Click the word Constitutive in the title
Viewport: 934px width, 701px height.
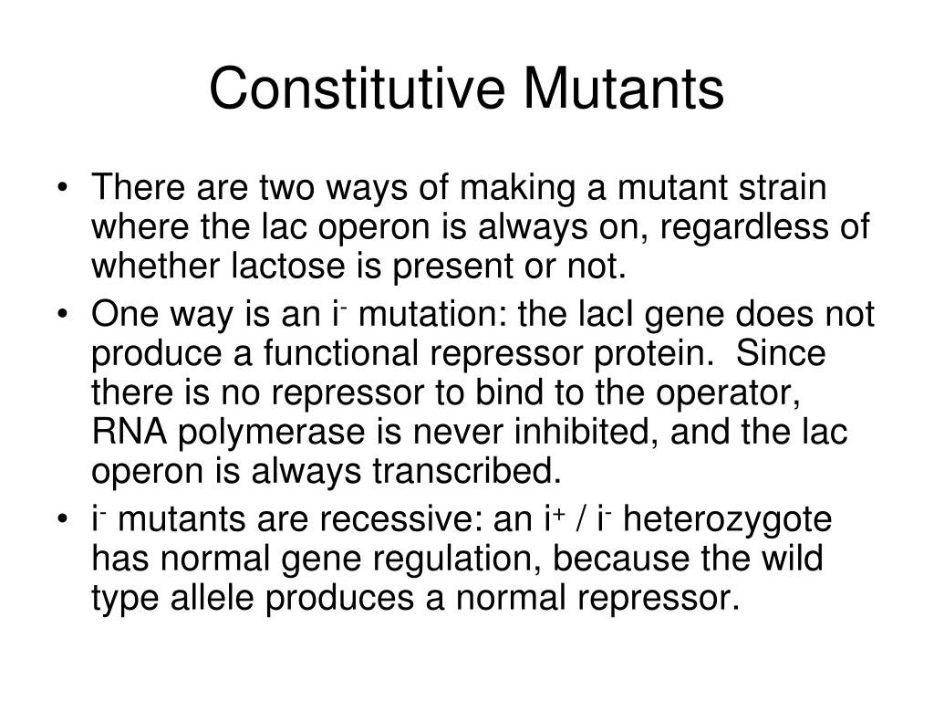click(358, 89)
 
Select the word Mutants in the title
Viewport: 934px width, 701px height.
click(624, 89)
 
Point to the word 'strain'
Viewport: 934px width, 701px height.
click(783, 187)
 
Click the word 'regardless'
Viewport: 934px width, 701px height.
click(744, 226)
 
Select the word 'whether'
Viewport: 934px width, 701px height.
click(155, 266)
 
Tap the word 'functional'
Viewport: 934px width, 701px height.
click(341, 353)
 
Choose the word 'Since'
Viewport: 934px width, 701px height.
click(781, 353)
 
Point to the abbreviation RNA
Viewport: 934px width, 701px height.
click(130, 432)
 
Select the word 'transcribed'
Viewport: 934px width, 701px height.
click(467, 472)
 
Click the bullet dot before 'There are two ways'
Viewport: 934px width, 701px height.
click(62, 188)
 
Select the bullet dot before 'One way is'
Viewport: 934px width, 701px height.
click(62, 315)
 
